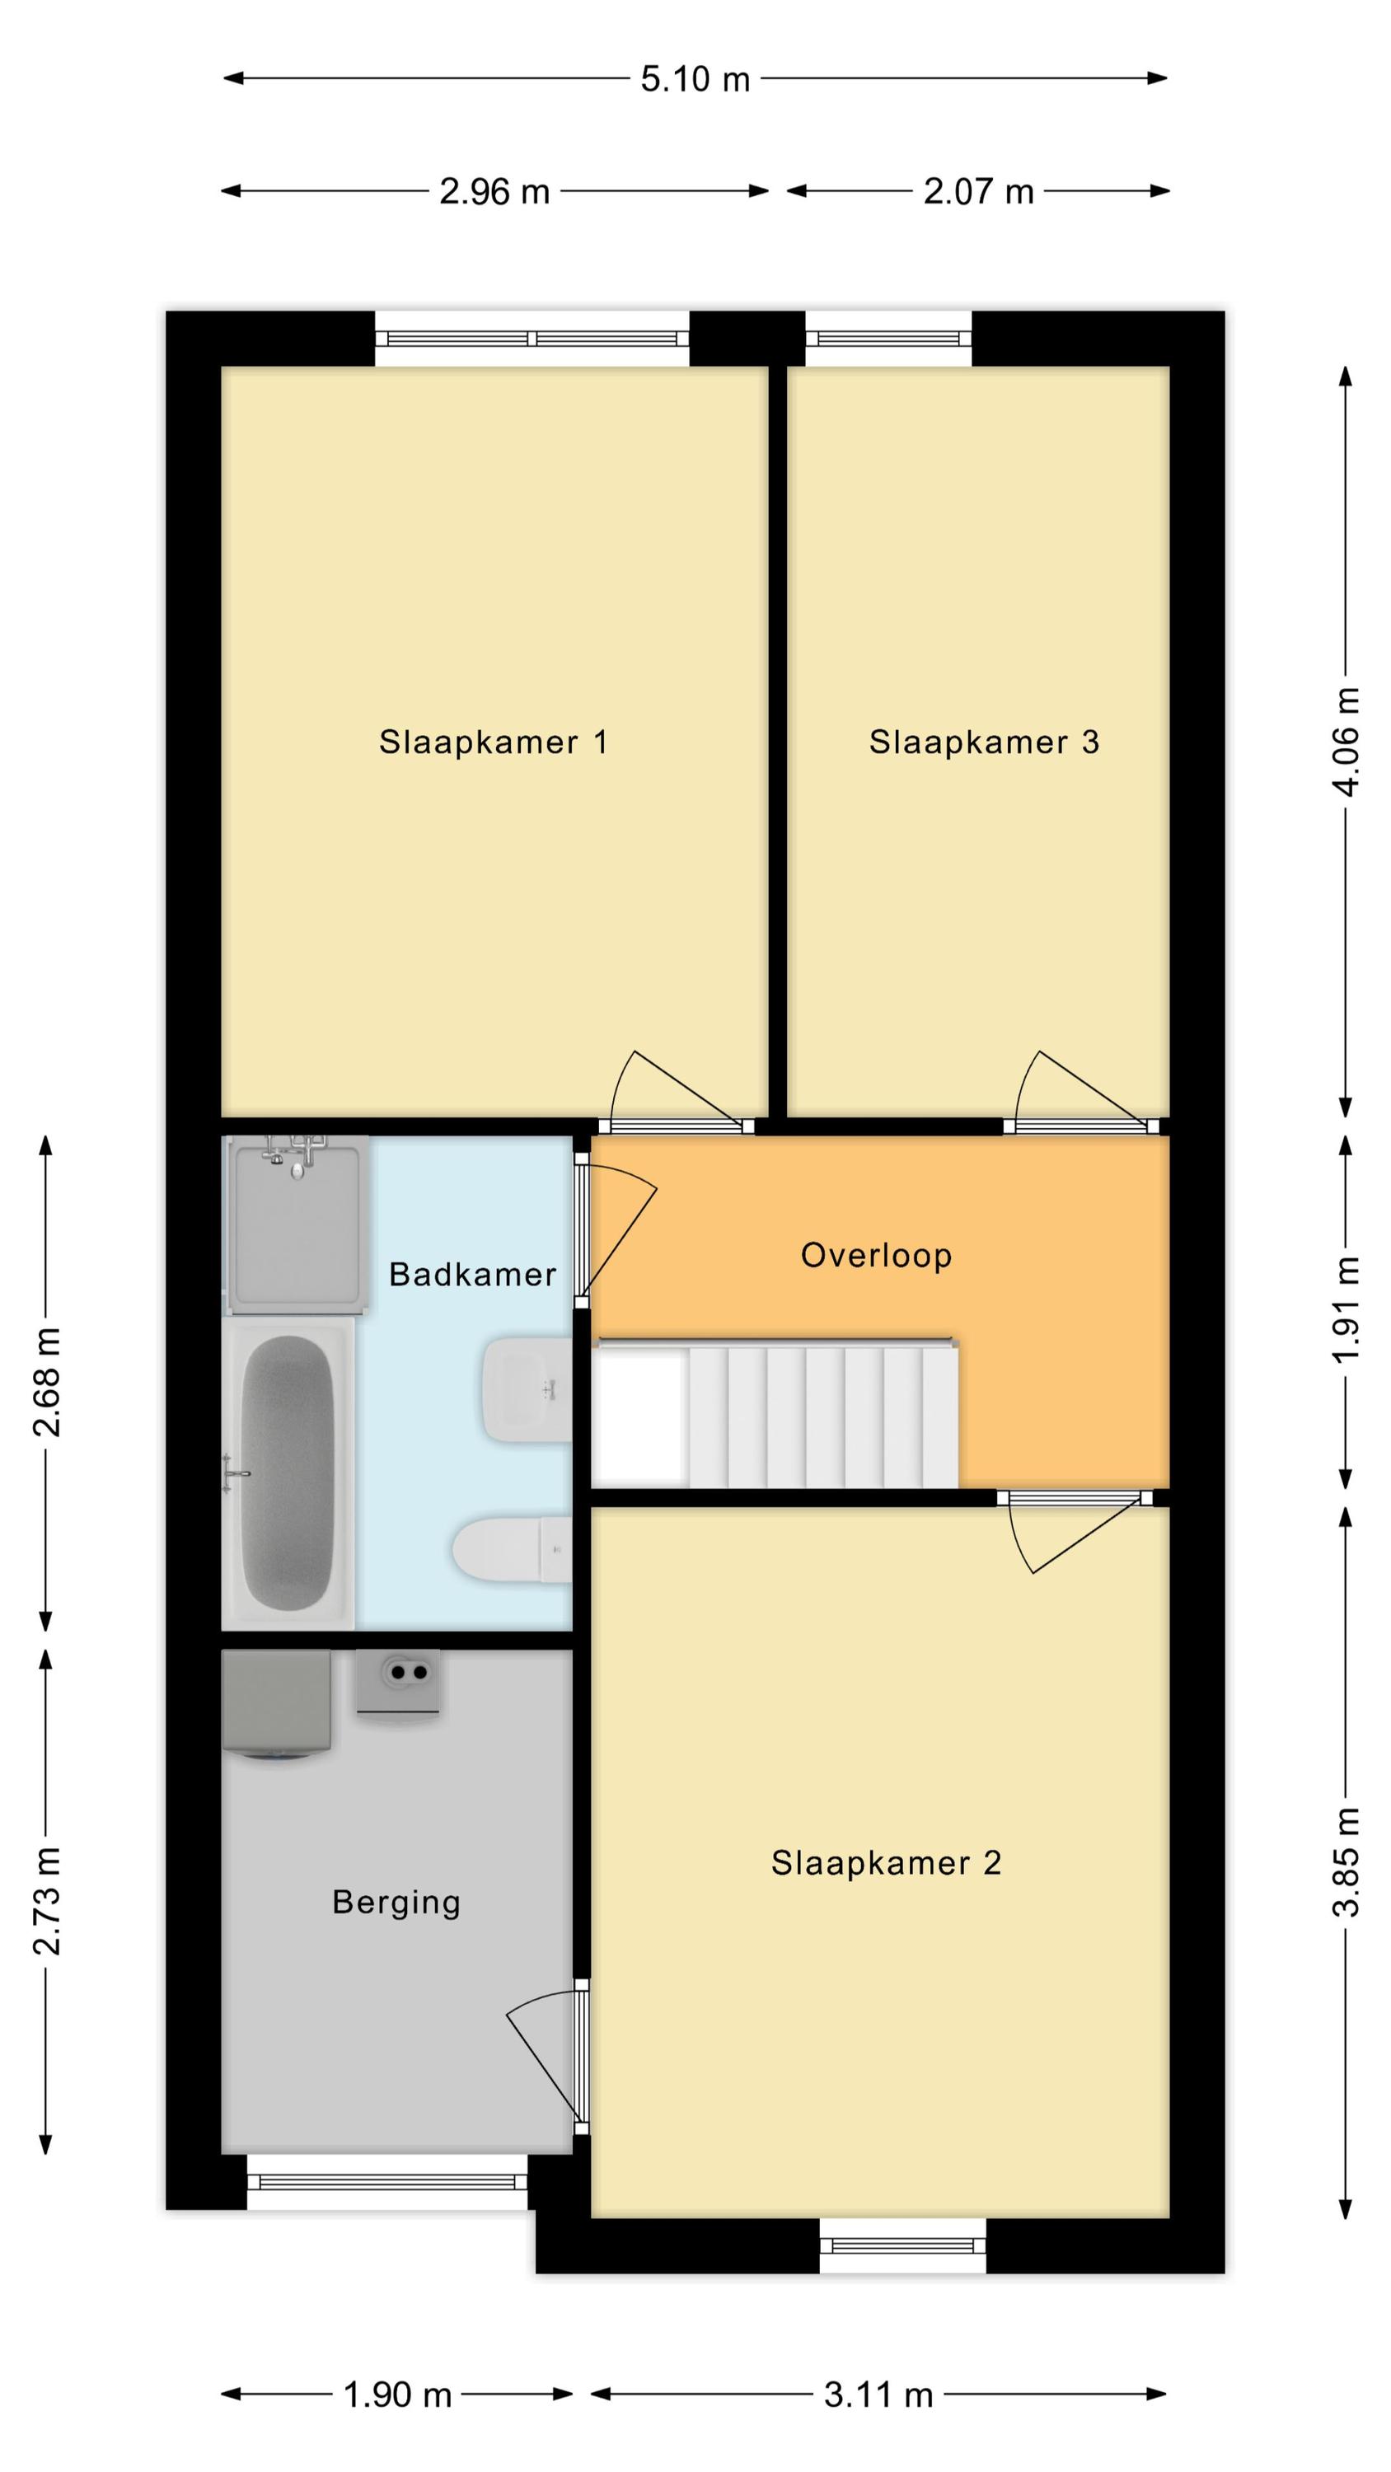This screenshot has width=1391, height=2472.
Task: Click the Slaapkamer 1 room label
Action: click(x=494, y=742)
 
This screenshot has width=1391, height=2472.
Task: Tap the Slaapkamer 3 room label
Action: click(x=984, y=742)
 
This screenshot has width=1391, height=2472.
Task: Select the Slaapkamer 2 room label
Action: click(x=886, y=1862)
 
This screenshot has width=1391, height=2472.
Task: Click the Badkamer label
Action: click(x=472, y=1275)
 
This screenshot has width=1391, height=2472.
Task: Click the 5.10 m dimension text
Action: click(x=695, y=78)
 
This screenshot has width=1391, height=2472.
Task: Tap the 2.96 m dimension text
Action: click(x=494, y=192)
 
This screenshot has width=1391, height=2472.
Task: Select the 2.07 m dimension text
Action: click(x=978, y=192)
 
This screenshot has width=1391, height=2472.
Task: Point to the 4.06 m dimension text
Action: click(x=1347, y=741)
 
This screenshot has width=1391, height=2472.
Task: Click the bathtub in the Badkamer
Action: click(x=288, y=1473)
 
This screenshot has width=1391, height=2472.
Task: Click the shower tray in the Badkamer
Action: click(x=296, y=1225)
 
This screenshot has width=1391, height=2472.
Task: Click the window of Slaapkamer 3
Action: click(x=889, y=338)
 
